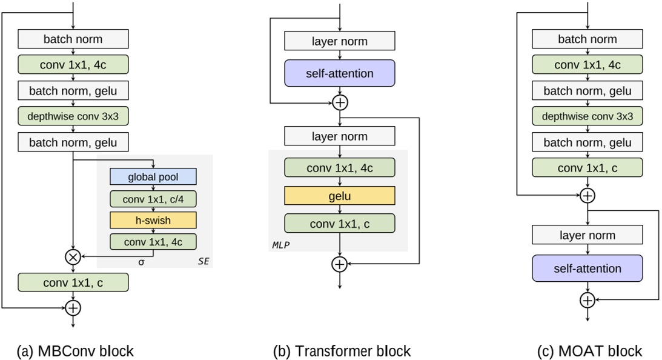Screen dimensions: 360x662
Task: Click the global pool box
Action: [x=153, y=176]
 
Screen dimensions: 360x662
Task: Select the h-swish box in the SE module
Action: [x=153, y=219]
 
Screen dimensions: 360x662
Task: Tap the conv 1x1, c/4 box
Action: [x=153, y=198]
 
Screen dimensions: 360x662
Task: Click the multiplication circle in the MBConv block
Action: [x=73, y=257]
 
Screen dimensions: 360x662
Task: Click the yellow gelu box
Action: [x=340, y=196]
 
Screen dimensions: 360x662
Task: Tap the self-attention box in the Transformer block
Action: [x=340, y=73]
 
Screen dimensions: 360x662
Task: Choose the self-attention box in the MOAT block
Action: [x=587, y=268]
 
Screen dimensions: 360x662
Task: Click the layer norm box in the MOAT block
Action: [x=587, y=235]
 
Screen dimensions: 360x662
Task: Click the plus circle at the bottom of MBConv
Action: [x=73, y=308]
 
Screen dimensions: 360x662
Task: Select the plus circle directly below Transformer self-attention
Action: [x=340, y=102]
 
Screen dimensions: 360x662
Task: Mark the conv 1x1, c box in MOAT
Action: [x=587, y=167]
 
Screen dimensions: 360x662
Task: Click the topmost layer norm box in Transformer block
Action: [x=340, y=41]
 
